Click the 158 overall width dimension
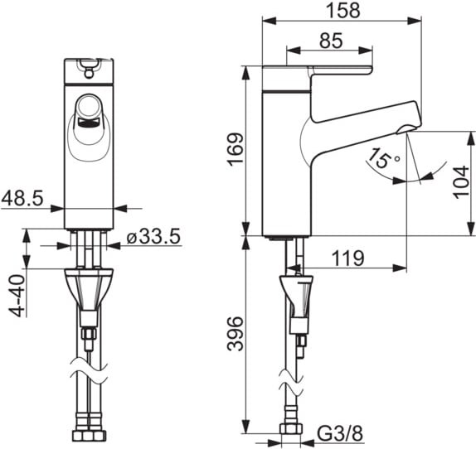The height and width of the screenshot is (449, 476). (x=343, y=10)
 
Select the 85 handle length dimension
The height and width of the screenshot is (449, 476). (x=331, y=41)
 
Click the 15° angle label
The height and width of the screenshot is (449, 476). (x=383, y=157)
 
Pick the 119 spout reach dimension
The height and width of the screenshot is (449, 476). (x=347, y=258)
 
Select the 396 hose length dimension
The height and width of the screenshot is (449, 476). (x=236, y=334)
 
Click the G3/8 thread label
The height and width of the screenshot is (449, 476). (x=340, y=433)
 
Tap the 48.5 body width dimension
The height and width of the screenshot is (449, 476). (x=22, y=199)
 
